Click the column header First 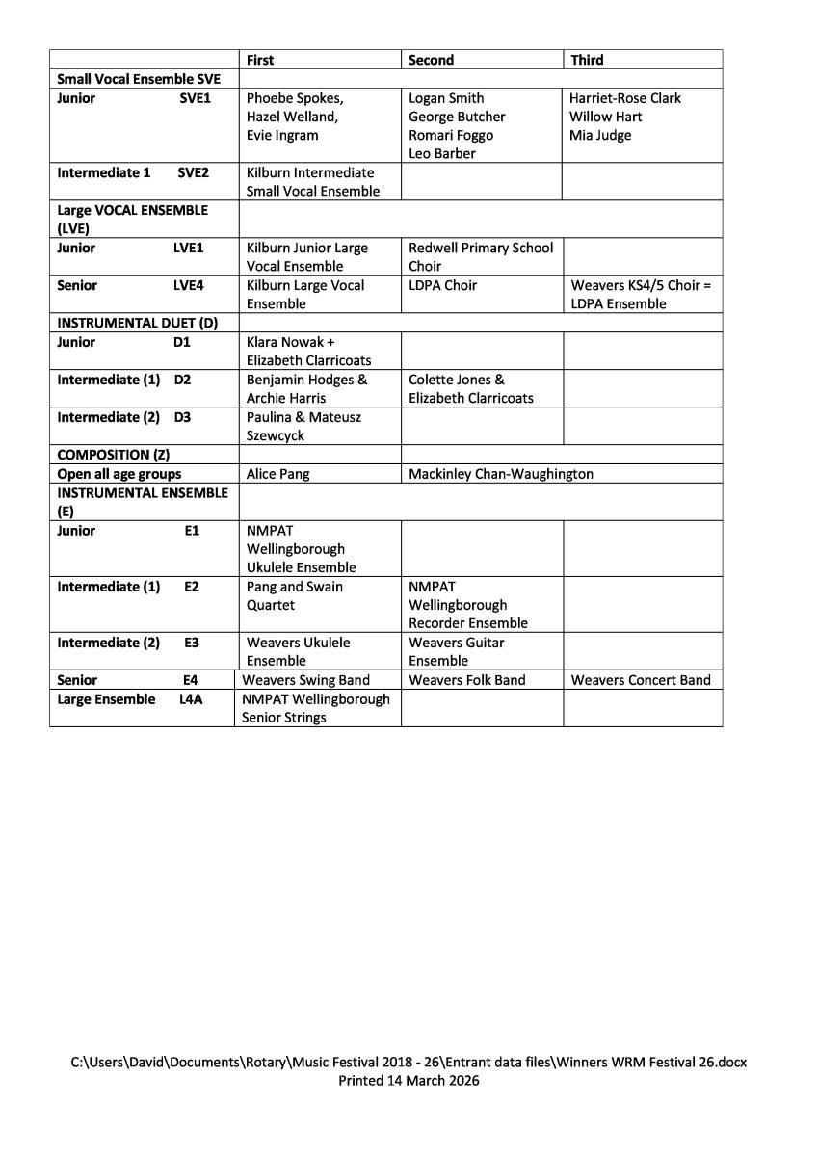[260, 60]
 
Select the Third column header [587, 60]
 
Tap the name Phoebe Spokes [294, 98]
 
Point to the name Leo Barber [441, 153]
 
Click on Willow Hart [605, 117]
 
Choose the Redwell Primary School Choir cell [481, 256]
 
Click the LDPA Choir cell [442, 285]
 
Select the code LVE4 [188, 285]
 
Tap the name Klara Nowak [284, 342]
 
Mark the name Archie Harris [286, 398]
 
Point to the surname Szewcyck [276, 435]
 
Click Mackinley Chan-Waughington [501, 474]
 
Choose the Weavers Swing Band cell [305, 680]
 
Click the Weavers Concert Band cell [641, 680]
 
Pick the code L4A [191, 699]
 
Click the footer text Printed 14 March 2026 [409, 1081]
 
